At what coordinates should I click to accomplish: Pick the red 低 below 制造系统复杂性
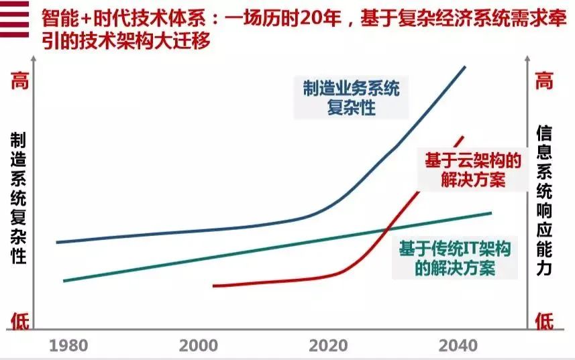pos(18,321)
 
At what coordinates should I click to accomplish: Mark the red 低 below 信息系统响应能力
pos(543,321)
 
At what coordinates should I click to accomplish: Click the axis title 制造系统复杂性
pos(18,198)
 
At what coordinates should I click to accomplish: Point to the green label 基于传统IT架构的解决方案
pos(456,259)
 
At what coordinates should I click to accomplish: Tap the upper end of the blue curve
pos(465,67)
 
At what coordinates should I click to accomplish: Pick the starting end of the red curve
pos(213,286)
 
